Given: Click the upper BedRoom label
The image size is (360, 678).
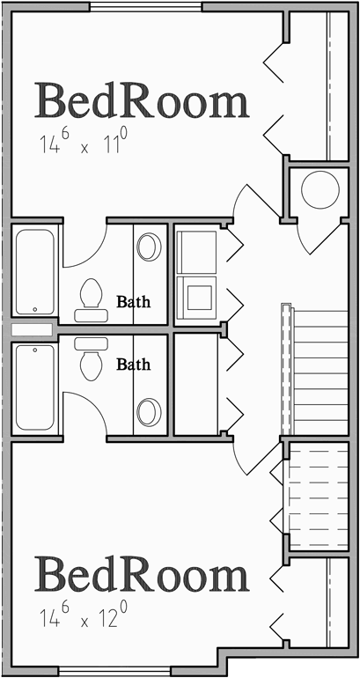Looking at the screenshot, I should (x=141, y=101).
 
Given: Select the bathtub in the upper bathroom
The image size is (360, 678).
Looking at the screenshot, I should (x=35, y=270).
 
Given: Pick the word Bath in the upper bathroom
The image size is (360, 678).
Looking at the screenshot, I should (x=134, y=301).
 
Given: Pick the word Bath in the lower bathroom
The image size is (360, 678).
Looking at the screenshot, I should (x=134, y=363).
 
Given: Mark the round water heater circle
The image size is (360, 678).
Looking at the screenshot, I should (x=319, y=189).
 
